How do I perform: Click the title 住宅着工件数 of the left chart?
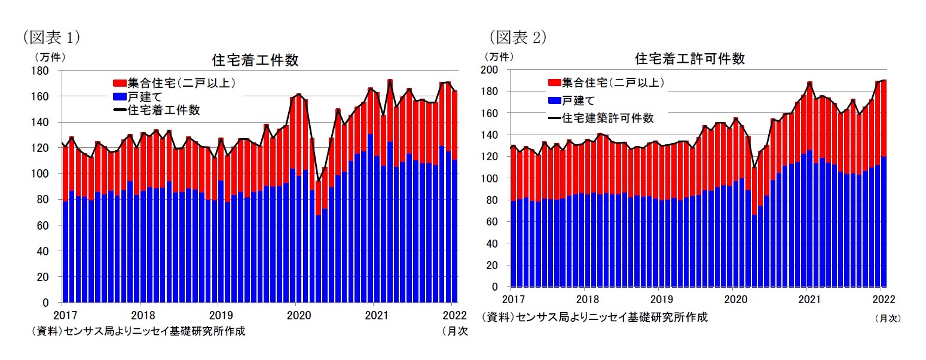(x=255, y=60)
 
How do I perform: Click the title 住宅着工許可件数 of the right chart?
(x=689, y=59)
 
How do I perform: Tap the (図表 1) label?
(x=51, y=38)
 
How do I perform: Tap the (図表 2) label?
(x=518, y=38)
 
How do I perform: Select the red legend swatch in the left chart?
(x=119, y=83)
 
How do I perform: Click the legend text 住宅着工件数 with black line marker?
(x=163, y=109)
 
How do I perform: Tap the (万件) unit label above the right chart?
(x=497, y=57)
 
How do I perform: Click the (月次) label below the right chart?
(x=887, y=319)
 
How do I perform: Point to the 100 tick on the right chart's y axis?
(x=493, y=178)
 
